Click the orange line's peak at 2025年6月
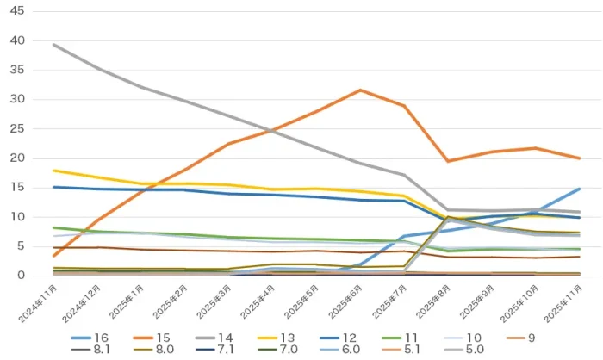[x=360, y=90]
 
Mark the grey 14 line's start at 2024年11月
[x=54, y=45]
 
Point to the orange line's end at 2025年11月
[x=579, y=158]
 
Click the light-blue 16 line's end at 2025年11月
[x=579, y=189]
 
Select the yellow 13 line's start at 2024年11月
[x=54, y=171]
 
